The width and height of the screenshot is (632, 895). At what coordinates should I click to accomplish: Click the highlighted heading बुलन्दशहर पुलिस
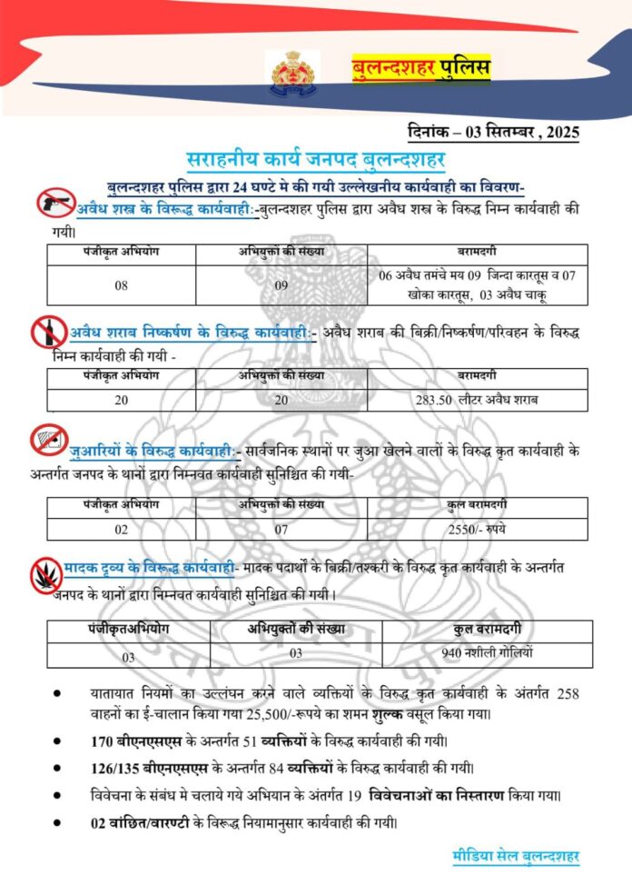click(x=421, y=68)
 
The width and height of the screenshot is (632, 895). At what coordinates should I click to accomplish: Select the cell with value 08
click(x=121, y=284)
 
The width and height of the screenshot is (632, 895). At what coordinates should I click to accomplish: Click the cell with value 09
click(x=281, y=284)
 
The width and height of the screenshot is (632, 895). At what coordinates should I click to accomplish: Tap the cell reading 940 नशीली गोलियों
click(x=487, y=652)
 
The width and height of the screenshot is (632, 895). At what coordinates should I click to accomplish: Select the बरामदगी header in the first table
click(x=477, y=252)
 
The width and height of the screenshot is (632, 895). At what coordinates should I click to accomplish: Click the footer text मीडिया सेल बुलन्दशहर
click(x=516, y=856)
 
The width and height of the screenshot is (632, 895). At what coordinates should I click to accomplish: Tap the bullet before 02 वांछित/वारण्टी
click(x=57, y=823)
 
